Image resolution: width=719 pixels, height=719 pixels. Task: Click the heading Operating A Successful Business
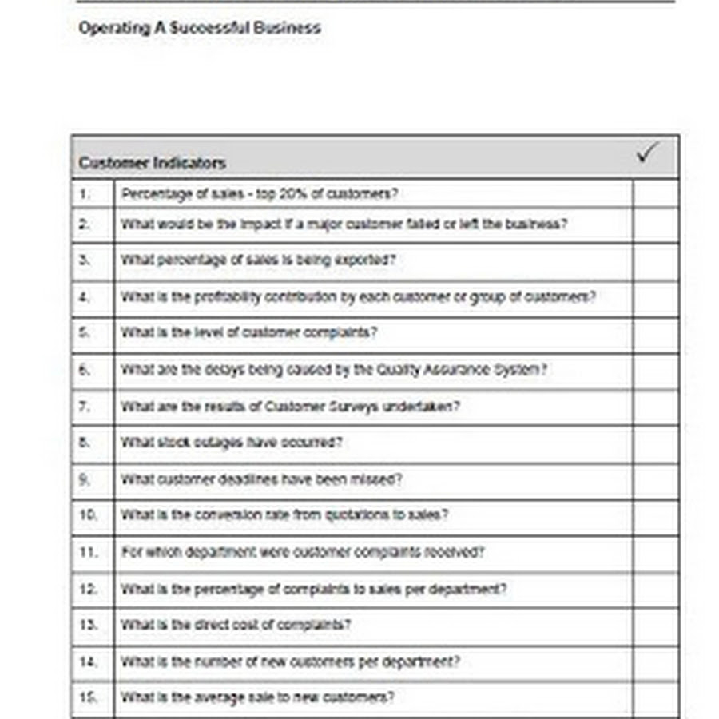[x=200, y=28]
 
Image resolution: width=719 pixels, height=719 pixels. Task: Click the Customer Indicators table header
[x=153, y=163]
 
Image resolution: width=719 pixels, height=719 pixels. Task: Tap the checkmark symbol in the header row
[x=648, y=153]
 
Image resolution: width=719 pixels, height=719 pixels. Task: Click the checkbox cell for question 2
[x=655, y=224]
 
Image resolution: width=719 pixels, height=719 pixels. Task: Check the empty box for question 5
[x=655, y=334]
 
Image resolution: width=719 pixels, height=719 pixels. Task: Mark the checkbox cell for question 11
[x=655, y=553]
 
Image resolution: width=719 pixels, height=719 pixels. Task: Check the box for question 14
[x=655, y=662]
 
